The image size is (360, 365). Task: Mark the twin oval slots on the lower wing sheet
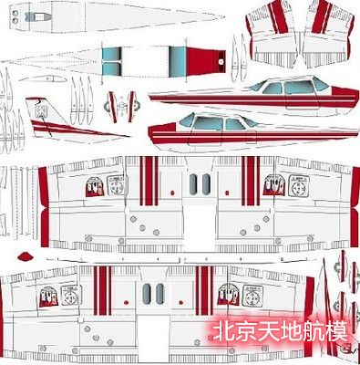click(x=152, y=293)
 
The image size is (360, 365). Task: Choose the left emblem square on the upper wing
click(x=94, y=188)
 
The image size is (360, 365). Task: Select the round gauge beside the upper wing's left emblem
click(x=116, y=187)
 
